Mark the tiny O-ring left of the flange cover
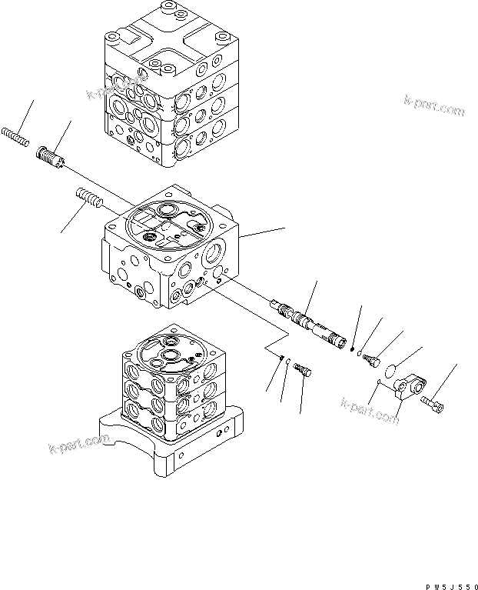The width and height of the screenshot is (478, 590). coord(380,382)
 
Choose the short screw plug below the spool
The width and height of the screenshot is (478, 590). coord(304,369)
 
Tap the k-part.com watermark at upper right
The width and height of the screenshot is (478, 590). coord(433,108)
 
